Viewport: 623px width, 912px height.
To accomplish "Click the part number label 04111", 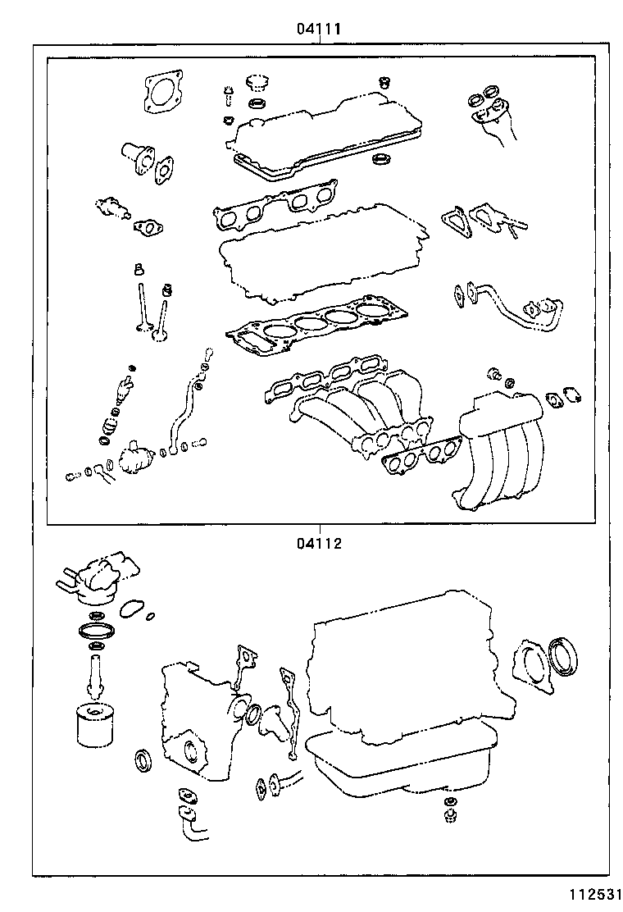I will click(319, 29).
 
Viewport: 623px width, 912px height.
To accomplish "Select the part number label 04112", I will click(319, 542).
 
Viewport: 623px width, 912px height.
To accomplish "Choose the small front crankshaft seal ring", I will click(144, 759).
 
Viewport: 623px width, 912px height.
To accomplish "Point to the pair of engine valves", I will click(152, 312).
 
